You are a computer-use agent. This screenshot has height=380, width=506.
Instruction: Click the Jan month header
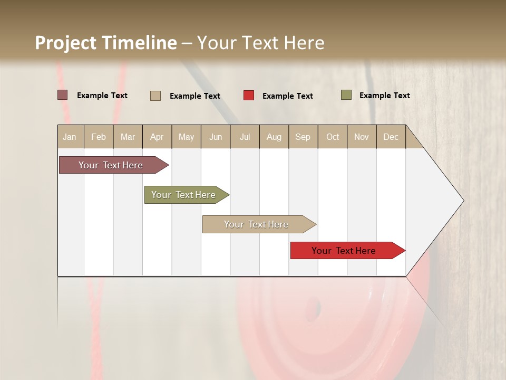point(70,137)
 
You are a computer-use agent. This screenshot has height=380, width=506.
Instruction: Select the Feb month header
point(99,137)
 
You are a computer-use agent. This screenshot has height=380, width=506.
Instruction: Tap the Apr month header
point(157,137)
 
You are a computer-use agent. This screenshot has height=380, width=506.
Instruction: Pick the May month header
point(186,137)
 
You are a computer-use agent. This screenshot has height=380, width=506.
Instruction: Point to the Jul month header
point(245,137)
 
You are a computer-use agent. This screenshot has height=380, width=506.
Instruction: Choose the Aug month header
point(274,137)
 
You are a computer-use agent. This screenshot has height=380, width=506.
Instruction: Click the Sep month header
point(303,137)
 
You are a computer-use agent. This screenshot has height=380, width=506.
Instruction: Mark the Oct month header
point(333,137)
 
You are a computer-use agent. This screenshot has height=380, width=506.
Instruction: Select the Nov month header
point(362,137)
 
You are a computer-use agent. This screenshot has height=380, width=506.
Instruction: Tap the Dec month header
point(391,137)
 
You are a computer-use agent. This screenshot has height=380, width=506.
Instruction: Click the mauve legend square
point(62,95)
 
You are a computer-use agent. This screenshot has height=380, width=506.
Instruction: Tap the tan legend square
point(155,96)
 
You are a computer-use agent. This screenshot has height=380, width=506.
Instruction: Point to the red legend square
point(249,96)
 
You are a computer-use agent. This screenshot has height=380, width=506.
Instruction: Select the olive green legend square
point(346,95)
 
